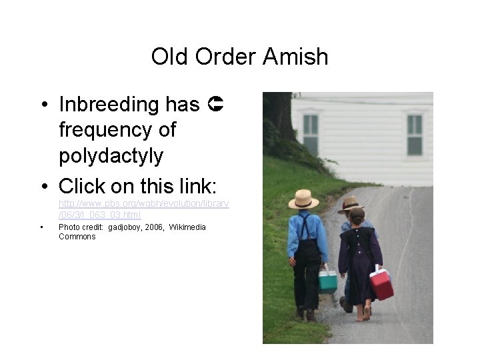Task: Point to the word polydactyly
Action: [111, 155]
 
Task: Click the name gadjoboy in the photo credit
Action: [123, 227]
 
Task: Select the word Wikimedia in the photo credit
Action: [187, 227]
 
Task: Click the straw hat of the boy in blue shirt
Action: [303, 199]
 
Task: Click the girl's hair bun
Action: [357, 215]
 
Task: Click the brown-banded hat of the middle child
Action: [349, 204]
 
